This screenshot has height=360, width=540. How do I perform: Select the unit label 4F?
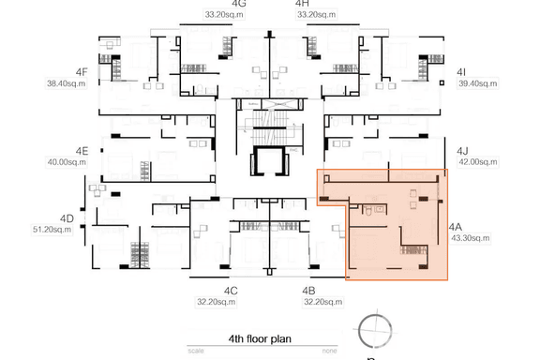click(x=82, y=71)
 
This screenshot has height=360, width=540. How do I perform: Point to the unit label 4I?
click(x=461, y=72)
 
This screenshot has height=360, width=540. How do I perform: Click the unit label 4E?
click(x=82, y=151)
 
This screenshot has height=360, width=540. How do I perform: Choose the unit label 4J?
click(x=462, y=151)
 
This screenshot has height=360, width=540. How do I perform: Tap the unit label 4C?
click(x=231, y=292)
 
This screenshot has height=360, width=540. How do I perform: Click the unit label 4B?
click(x=308, y=292)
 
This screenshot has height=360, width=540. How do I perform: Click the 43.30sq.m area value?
click(x=470, y=239)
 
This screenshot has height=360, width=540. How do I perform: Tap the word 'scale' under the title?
click(x=195, y=351)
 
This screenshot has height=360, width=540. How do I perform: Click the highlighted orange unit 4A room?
click(x=394, y=234)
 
